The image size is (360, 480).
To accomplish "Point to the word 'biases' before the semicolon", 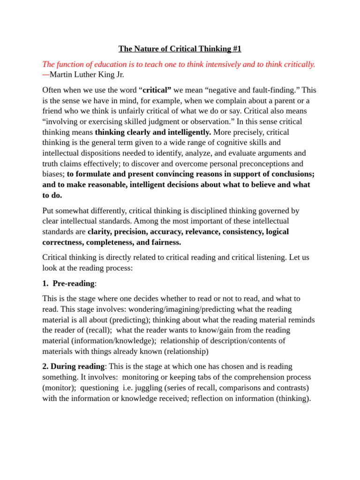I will (x=53, y=174).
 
